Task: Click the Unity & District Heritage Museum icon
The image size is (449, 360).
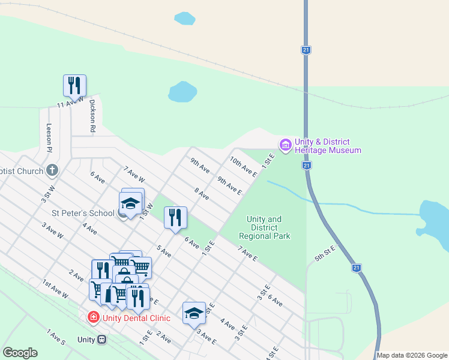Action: pos(285,145)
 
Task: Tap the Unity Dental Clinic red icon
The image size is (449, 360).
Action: pos(93,317)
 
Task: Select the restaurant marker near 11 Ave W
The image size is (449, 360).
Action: pos(74,85)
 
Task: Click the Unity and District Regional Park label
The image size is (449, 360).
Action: pos(265,228)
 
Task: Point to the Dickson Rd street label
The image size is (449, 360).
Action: pos(92,115)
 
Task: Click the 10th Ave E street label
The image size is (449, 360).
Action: pos(243,167)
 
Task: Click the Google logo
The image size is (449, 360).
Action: pos(20,353)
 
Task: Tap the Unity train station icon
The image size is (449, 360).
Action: pos(101,340)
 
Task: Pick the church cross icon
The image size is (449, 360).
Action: pos(52,170)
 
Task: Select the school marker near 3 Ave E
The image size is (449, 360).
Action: pos(194,313)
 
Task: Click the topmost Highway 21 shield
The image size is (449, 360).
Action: pos(306,50)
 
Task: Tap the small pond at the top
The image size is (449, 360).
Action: pos(185,19)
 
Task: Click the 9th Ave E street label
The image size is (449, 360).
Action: pos(229,186)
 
